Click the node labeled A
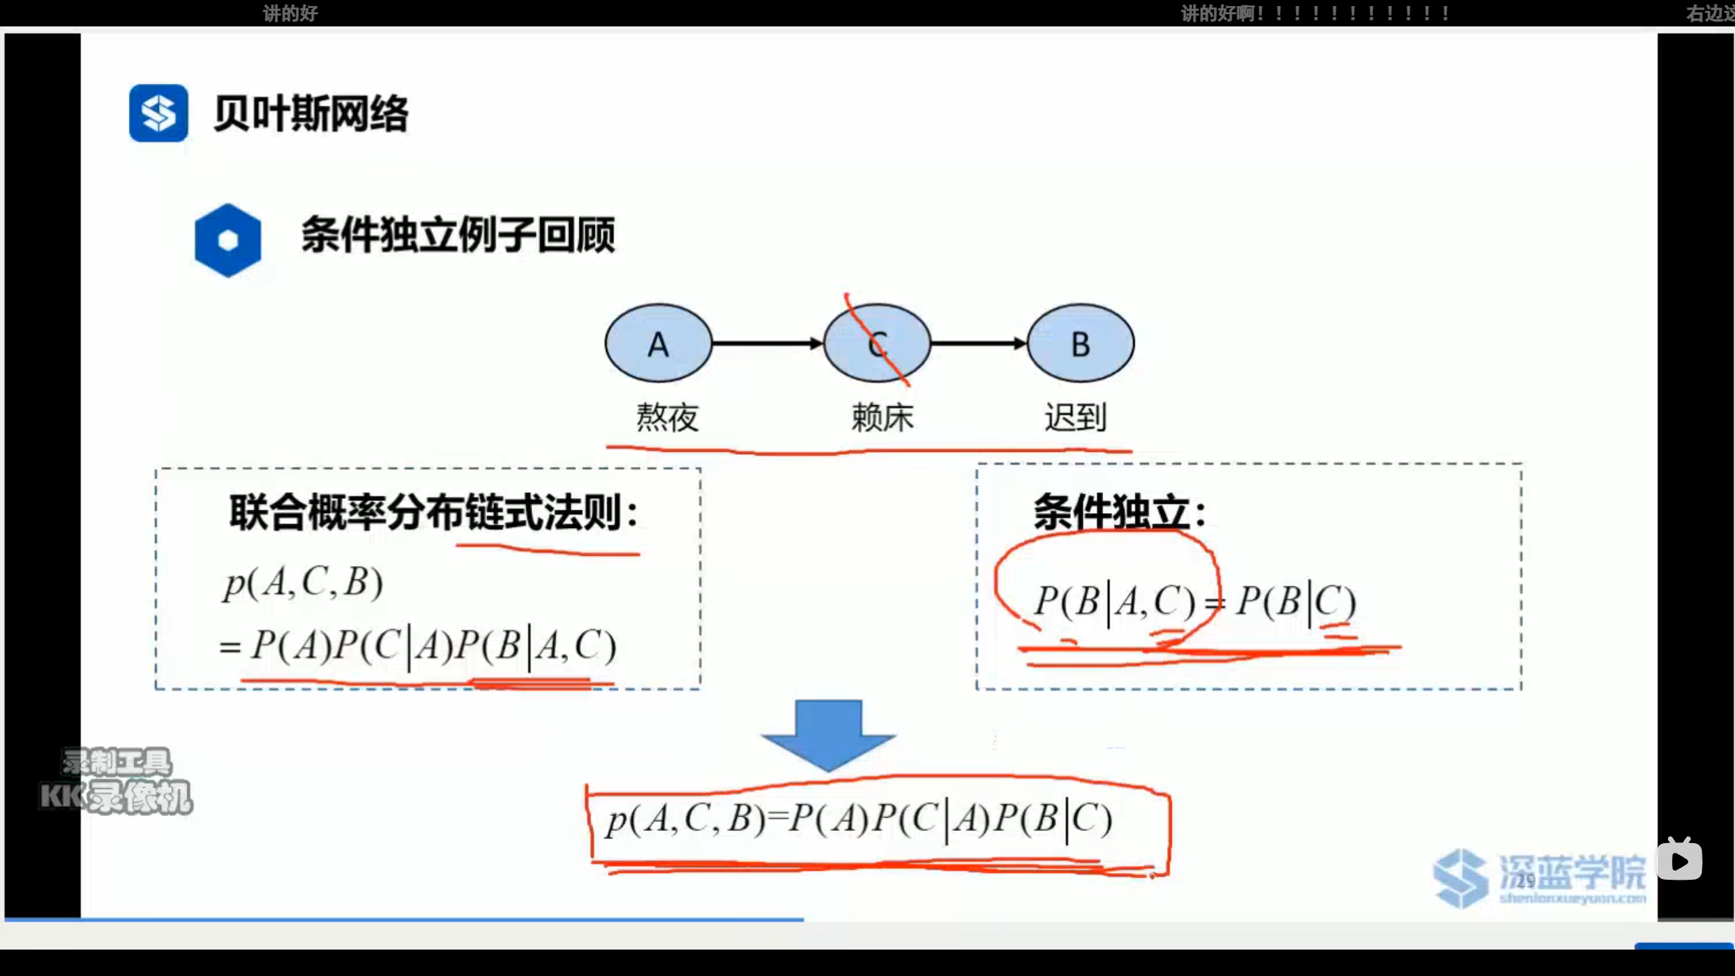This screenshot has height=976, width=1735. pos(658,344)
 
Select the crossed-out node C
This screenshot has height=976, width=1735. pos(877,344)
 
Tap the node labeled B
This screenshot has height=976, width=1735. pos(1080,344)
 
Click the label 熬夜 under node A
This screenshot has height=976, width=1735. pos(667,417)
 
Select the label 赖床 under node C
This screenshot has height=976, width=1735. pos(882,417)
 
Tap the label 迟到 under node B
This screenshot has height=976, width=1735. pos(1075,417)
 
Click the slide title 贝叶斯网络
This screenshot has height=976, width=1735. pos(311,113)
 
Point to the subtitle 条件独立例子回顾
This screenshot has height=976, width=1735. pos(458,235)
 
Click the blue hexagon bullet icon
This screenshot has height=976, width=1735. pos(228,240)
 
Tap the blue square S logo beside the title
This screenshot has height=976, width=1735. pos(159,113)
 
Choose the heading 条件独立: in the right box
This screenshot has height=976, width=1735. pos(1119,512)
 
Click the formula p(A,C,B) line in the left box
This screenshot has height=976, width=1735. pos(304,583)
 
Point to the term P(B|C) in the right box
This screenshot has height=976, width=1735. pos(1295,601)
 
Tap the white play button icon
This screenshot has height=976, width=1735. pos(1679,861)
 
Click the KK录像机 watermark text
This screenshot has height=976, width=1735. pos(117,797)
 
